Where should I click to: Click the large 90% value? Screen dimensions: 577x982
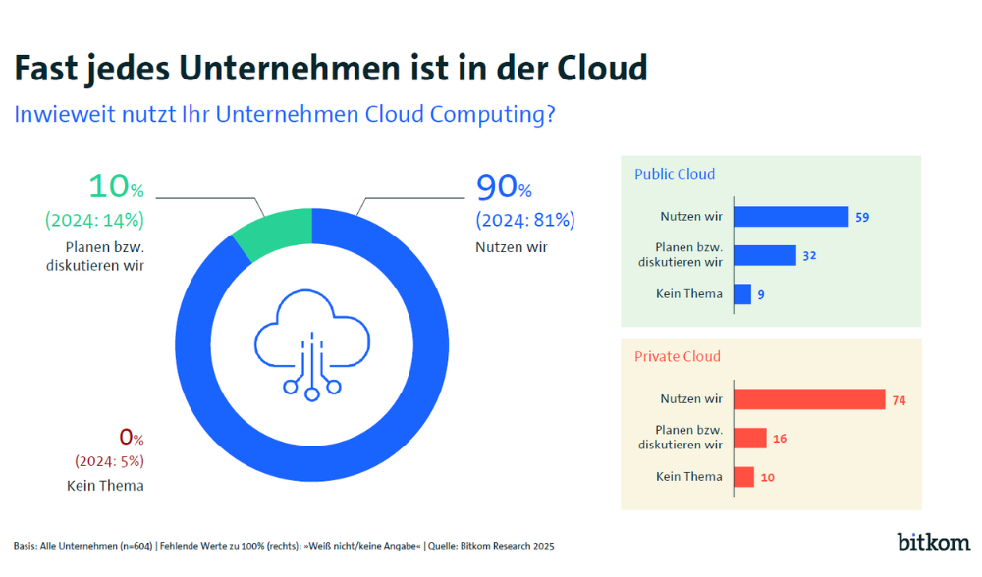504,186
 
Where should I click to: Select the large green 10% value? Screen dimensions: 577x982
116,186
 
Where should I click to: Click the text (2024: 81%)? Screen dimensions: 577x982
525,220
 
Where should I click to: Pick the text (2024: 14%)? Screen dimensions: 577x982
94,219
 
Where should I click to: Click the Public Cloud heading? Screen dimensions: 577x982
675,174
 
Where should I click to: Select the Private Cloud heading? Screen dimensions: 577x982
678,356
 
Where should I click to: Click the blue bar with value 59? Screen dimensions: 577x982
791,217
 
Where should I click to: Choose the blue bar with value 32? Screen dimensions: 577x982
765,255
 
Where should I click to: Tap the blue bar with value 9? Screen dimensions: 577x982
742,293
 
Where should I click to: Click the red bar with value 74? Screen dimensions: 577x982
809,399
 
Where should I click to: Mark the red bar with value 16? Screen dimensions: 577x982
750,438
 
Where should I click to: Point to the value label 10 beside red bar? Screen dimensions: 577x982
768,477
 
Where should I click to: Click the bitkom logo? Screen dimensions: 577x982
933,541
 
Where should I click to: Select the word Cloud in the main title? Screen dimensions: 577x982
602,69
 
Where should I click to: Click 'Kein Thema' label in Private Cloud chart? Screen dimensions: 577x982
689,477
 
